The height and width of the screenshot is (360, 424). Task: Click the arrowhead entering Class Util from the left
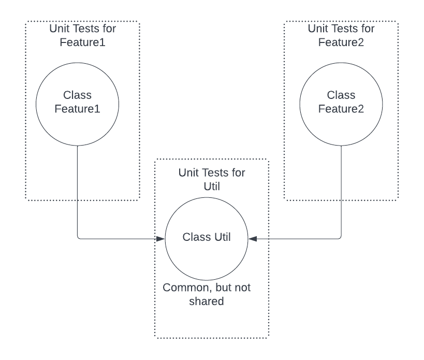160,239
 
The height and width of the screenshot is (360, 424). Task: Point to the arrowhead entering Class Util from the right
253,239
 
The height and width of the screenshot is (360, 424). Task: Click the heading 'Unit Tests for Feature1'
82,35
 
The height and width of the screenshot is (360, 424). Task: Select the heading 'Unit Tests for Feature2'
341,35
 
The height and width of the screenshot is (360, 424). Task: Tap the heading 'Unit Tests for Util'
212,180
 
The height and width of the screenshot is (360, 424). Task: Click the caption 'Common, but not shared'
207,294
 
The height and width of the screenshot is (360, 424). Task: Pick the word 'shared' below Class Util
207,301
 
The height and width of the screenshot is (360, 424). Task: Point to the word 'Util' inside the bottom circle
222,237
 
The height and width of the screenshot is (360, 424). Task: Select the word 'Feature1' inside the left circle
77,109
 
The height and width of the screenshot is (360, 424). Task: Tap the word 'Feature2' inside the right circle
341,109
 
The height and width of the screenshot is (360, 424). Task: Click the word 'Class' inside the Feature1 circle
77,95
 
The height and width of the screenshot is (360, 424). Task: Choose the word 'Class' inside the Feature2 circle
341,95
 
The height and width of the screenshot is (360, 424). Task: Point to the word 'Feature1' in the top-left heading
82,42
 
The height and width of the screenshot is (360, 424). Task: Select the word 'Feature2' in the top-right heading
341,42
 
